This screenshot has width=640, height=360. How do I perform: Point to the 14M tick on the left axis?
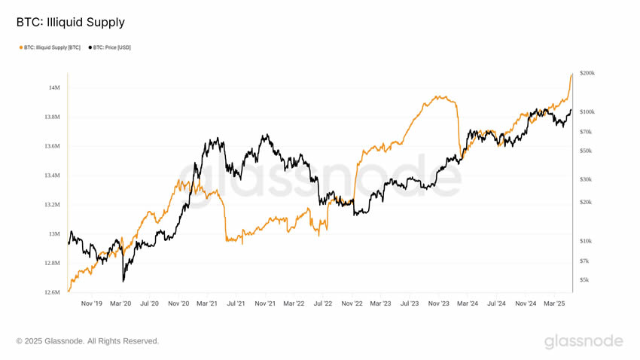tap(54, 88)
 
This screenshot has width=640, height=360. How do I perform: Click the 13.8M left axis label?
tap(51, 117)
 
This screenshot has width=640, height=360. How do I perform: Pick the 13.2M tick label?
tap(51, 205)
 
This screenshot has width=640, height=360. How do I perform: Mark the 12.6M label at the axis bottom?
tap(51, 292)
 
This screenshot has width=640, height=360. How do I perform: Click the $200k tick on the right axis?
tap(587, 73)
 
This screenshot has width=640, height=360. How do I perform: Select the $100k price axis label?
tap(587, 111)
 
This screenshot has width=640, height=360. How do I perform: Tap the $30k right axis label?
tap(586, 179)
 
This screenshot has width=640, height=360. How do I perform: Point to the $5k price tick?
tap(584, 279)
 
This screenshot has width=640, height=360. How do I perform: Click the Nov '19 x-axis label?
tap(91, 304)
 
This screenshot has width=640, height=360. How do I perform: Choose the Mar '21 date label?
tap(207, 304)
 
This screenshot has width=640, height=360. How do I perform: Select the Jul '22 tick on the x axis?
tap(323, 304)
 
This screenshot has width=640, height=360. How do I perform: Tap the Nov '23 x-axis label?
tap(438, 304)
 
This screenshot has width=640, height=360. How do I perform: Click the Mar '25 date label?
tap(554, 304)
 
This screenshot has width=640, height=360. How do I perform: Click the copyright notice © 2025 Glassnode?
tap(87, 341)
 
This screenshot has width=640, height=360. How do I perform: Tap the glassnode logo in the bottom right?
tap(584, 341)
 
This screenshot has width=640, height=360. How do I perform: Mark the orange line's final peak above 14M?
tap(571, 75)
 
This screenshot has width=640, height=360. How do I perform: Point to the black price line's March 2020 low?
tap(123, 281)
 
